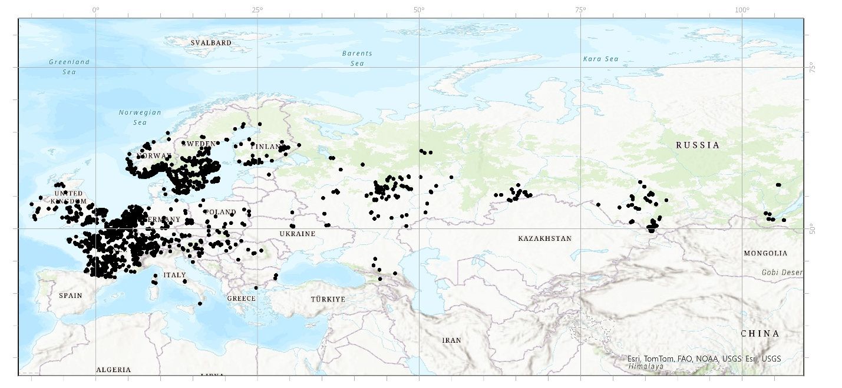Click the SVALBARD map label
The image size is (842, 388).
tap(211, 43)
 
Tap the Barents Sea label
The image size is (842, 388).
tap(357, 58)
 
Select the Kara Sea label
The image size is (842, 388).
tap(600, 59)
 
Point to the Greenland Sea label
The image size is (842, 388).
tap(70, 67)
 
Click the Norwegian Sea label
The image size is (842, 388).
tap(140, 117)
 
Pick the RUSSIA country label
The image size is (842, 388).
tap(698, 145)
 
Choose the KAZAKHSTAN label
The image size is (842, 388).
tap(545, 238)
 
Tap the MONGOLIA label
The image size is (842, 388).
tap(765, 253)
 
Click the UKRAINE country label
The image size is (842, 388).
tap(298, 234)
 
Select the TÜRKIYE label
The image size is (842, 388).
tap(328, 299)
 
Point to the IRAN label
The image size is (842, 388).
tap(451, 340)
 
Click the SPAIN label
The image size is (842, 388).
tap(70, 296)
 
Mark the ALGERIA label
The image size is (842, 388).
tap(113, 370)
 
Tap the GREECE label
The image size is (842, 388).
tap(242, 299)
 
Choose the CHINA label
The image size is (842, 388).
tap(760, 333)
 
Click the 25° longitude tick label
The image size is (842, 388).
tap(257, 10)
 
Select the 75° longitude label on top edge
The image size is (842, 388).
tap(580, 10)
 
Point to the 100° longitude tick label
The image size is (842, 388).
tap(742, 10)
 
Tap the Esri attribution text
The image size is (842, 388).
tap(704, 359)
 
